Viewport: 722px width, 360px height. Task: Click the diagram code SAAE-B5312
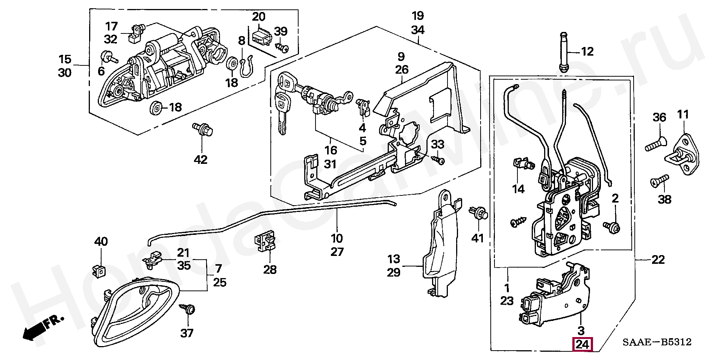pos(657,342)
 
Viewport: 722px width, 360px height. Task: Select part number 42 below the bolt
pos(200,160)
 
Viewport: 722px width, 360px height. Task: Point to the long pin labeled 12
pos(564,52)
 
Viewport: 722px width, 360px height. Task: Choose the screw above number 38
pos(660,181)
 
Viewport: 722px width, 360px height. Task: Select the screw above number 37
pos(188,310)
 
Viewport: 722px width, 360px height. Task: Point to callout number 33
pos(438,145)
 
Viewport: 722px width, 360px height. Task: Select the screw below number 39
pos(282,48)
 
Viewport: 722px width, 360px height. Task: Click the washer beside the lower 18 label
pos(156,108)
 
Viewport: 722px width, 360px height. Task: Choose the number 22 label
pos(658,260)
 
